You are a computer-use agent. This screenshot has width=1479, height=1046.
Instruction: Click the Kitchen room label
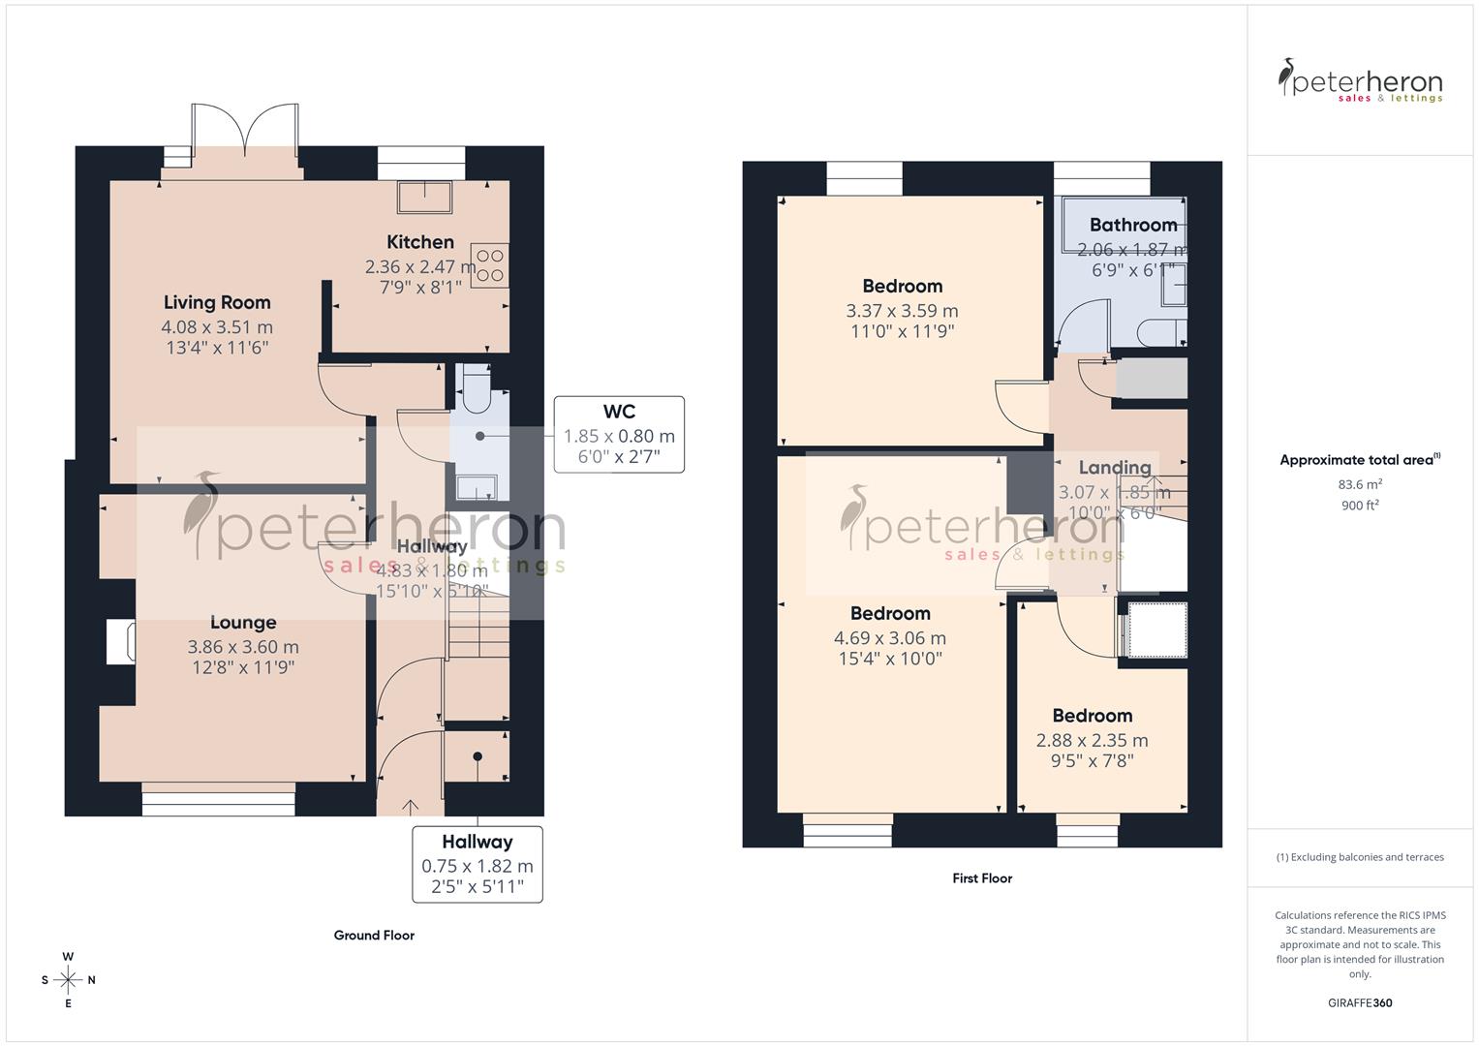(419, 242)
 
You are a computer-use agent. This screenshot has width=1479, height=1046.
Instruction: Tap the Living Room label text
(217, 302)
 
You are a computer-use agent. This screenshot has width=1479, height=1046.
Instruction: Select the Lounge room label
(243, 623)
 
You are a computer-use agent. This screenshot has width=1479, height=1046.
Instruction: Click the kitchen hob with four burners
(489, 265)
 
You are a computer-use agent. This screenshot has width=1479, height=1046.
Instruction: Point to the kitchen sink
(424, 198)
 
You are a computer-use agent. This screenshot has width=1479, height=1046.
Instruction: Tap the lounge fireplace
(120, 642)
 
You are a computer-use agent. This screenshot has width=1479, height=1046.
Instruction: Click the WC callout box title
(619, 412)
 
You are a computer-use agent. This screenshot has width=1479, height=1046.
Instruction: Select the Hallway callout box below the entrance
(477, 864)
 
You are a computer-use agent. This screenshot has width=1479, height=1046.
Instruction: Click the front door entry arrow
(410, 806)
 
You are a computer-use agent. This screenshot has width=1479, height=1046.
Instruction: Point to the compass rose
(68, 980)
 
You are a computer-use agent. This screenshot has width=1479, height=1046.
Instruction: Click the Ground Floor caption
(374, 936)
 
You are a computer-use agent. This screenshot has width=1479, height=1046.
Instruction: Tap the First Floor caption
(982, 878)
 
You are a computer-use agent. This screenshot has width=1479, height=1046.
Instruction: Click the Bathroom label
(1132, 225)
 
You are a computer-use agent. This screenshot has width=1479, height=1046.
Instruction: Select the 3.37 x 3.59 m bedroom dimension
(902, 311)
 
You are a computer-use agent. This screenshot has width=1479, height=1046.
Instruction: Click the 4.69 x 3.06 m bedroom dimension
(890, 638)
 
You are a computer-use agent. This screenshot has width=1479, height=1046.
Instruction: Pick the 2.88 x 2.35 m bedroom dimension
(1092, 740)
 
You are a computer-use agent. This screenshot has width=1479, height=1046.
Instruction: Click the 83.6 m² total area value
(1360, 484)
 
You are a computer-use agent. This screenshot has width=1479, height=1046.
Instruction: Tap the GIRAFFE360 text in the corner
(1360, 1002)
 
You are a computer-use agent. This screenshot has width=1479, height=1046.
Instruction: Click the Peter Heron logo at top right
(1360, 81)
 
